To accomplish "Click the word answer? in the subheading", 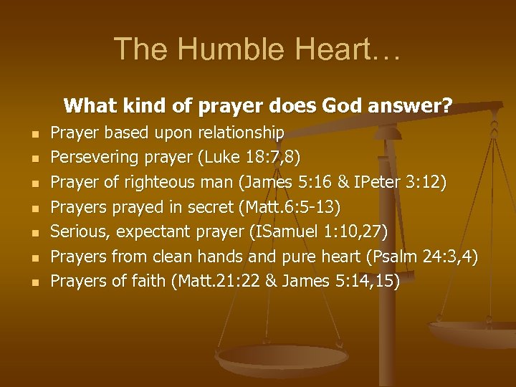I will pos(414,107).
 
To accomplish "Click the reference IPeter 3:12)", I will pos(406,182).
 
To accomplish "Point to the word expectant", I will pos(148,231).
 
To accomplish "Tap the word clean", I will pos(188,257).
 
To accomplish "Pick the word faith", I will pos(148,281).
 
